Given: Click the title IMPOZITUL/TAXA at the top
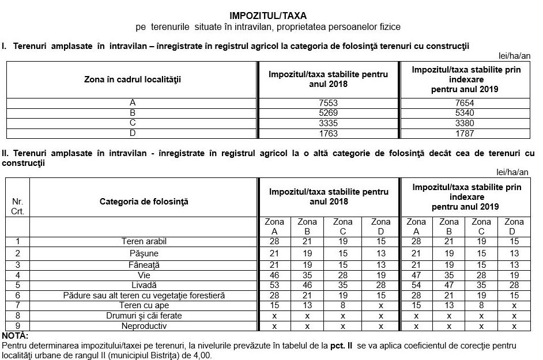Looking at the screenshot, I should (x=271, y=15).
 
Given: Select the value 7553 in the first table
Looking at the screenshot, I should (x=328, y=103).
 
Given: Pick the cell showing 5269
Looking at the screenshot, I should (x=328, y=113).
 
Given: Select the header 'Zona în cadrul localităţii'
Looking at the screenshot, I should (x=133, y=79).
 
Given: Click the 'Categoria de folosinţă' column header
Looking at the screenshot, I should (x=144, y=202).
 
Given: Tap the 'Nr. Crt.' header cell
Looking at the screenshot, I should (x=17, y=207).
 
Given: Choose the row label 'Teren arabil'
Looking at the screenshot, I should (x=144, y=241).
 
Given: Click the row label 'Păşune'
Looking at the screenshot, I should (x=144, y=253).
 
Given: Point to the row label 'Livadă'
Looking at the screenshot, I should (x=144, y=285).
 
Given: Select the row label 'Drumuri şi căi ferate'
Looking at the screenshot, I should (x=144, y=316).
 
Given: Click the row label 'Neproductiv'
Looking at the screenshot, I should (x=144, y=326).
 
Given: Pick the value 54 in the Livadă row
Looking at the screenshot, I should (x=416, y=285).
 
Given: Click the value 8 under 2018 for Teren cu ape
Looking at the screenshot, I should (x=343, y=305).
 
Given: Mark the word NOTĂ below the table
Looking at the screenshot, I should (x=15, y=336).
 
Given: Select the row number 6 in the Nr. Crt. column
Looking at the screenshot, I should (x=17, y=295).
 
